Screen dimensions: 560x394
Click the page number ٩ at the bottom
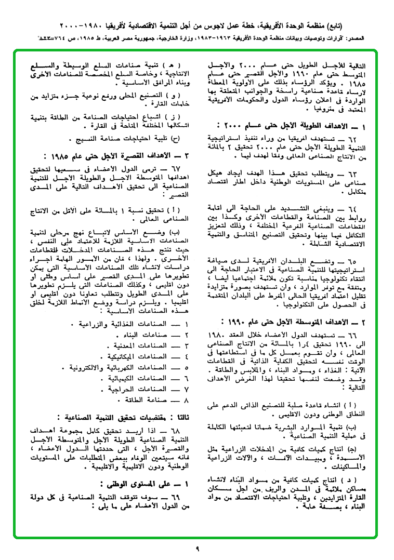click(x=198, y=548)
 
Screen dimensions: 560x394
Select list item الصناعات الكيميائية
click(x=140, y=378)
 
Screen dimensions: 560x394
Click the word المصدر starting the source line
click(x=379, y=38)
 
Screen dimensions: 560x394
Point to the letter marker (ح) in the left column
click(x=175, y=139)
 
